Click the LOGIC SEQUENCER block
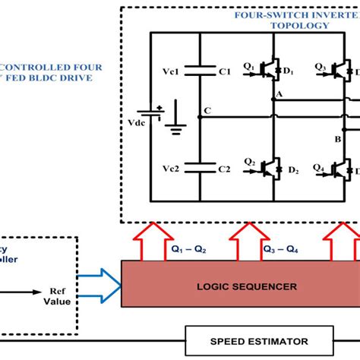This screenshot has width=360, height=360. pos(239,286)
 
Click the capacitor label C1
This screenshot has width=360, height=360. pos(224,72)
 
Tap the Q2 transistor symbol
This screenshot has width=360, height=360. pos(268,165)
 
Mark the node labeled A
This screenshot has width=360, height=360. pos(279,93)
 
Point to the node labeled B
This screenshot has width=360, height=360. pos(337,139)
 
